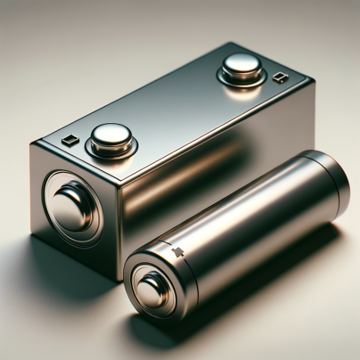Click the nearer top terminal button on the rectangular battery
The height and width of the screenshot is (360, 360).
pyautogui.click(x=111, y=135)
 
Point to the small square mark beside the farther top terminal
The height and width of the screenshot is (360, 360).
pyautogui.click(x=280, y=77)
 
